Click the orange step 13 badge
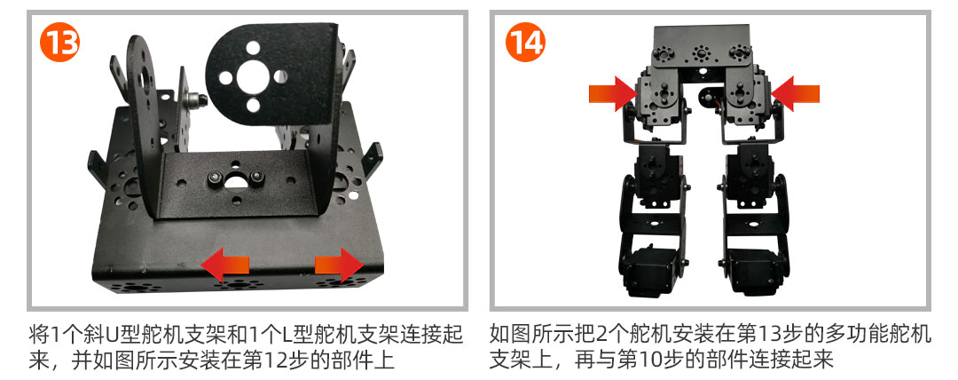[x=60, y=43]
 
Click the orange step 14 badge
[x=525, y=43]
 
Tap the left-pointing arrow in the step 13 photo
[x=224, y=265]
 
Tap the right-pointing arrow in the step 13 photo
[x=339, y=265]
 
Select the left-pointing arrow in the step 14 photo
[x=795, y=93]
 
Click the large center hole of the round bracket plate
[x=252, y=76]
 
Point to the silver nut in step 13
[x=197, y=99]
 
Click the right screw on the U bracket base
[x=257, y=178]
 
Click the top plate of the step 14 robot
[x=702, y=46]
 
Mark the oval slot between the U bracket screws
[x=235, y=181]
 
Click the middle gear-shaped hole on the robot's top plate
[x=701, y=54]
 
